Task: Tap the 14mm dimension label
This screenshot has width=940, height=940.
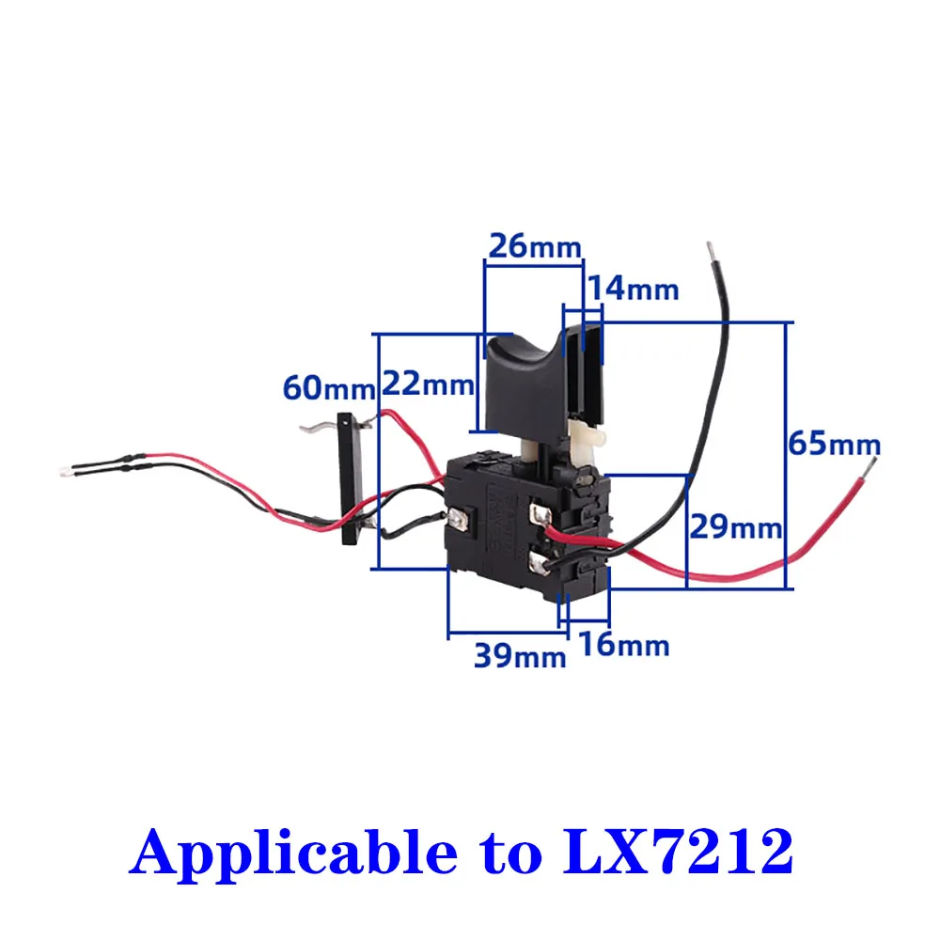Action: point(632,289)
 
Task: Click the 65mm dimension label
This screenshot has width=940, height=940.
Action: point(834,443)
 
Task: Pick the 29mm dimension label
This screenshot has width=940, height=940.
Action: point(736,527)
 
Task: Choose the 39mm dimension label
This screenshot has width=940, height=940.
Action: point(520,655)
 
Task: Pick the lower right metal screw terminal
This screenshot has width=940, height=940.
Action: point(542,562)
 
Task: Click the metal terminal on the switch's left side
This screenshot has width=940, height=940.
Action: point(460,517)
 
